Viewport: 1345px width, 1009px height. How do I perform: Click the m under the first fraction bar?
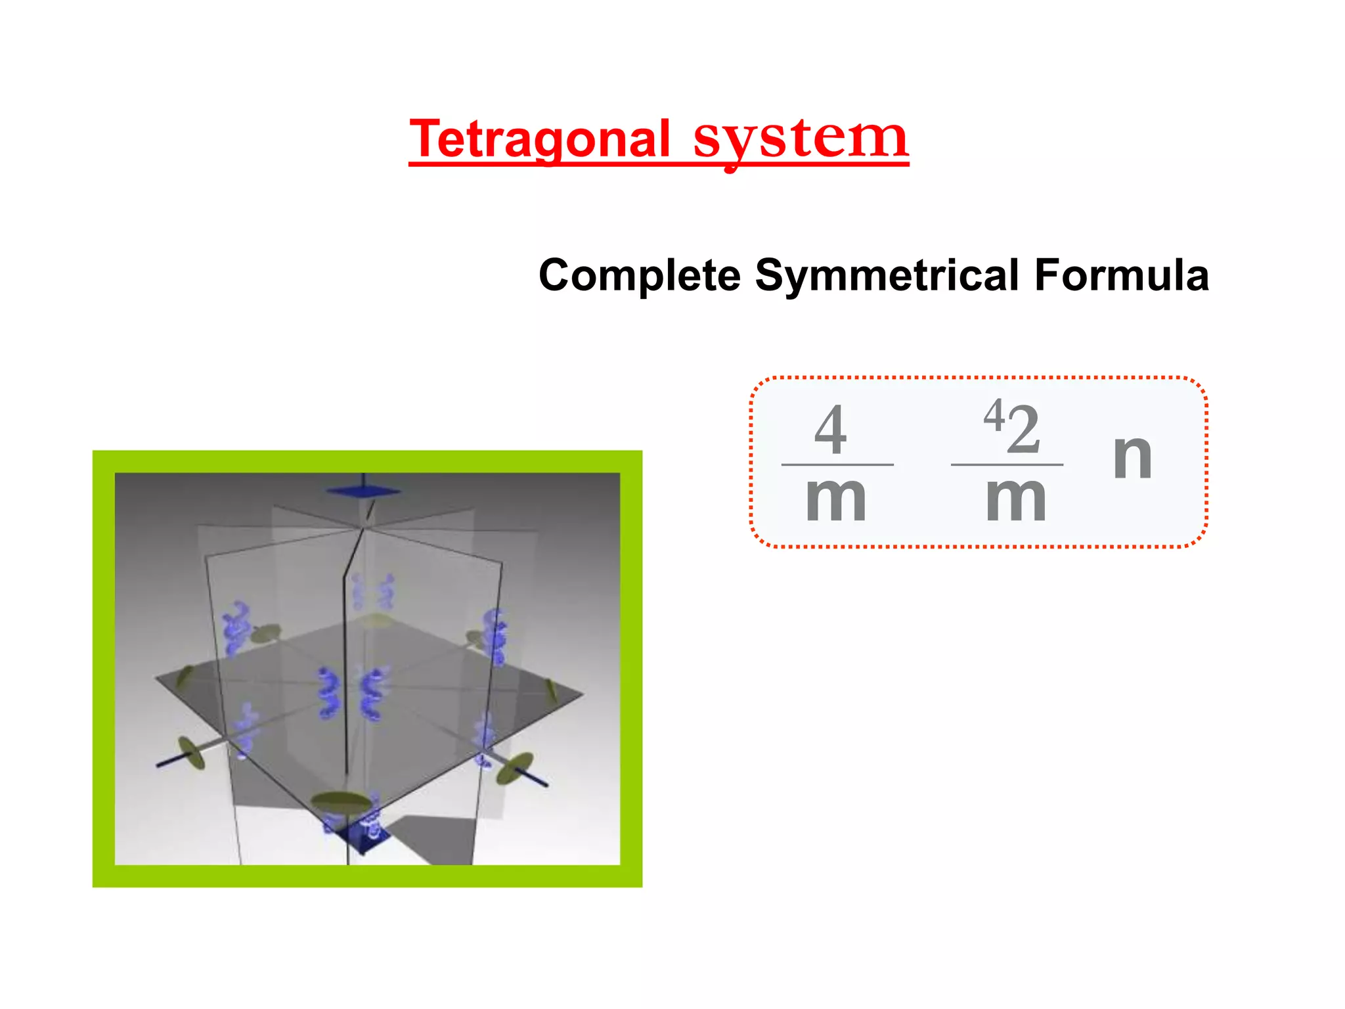[x=836, y=499]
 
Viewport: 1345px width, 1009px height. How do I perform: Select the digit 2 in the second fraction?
[x=1024, y=430]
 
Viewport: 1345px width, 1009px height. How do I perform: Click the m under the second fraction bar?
[x=1016, y=499]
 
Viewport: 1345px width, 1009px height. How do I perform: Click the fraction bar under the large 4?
[x=837, y=464]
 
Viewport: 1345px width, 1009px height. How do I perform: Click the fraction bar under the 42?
[x=1007, y=464]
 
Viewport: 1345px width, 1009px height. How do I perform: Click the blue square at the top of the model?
[x=363, y=491]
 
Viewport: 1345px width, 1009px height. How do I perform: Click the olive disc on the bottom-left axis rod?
[x=191, y=753]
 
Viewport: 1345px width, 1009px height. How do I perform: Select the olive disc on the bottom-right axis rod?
[x=514, y=769]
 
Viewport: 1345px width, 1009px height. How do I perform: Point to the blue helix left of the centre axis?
[x=328, y=693]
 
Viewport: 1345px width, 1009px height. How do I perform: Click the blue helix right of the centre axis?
[x=373, y=694]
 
